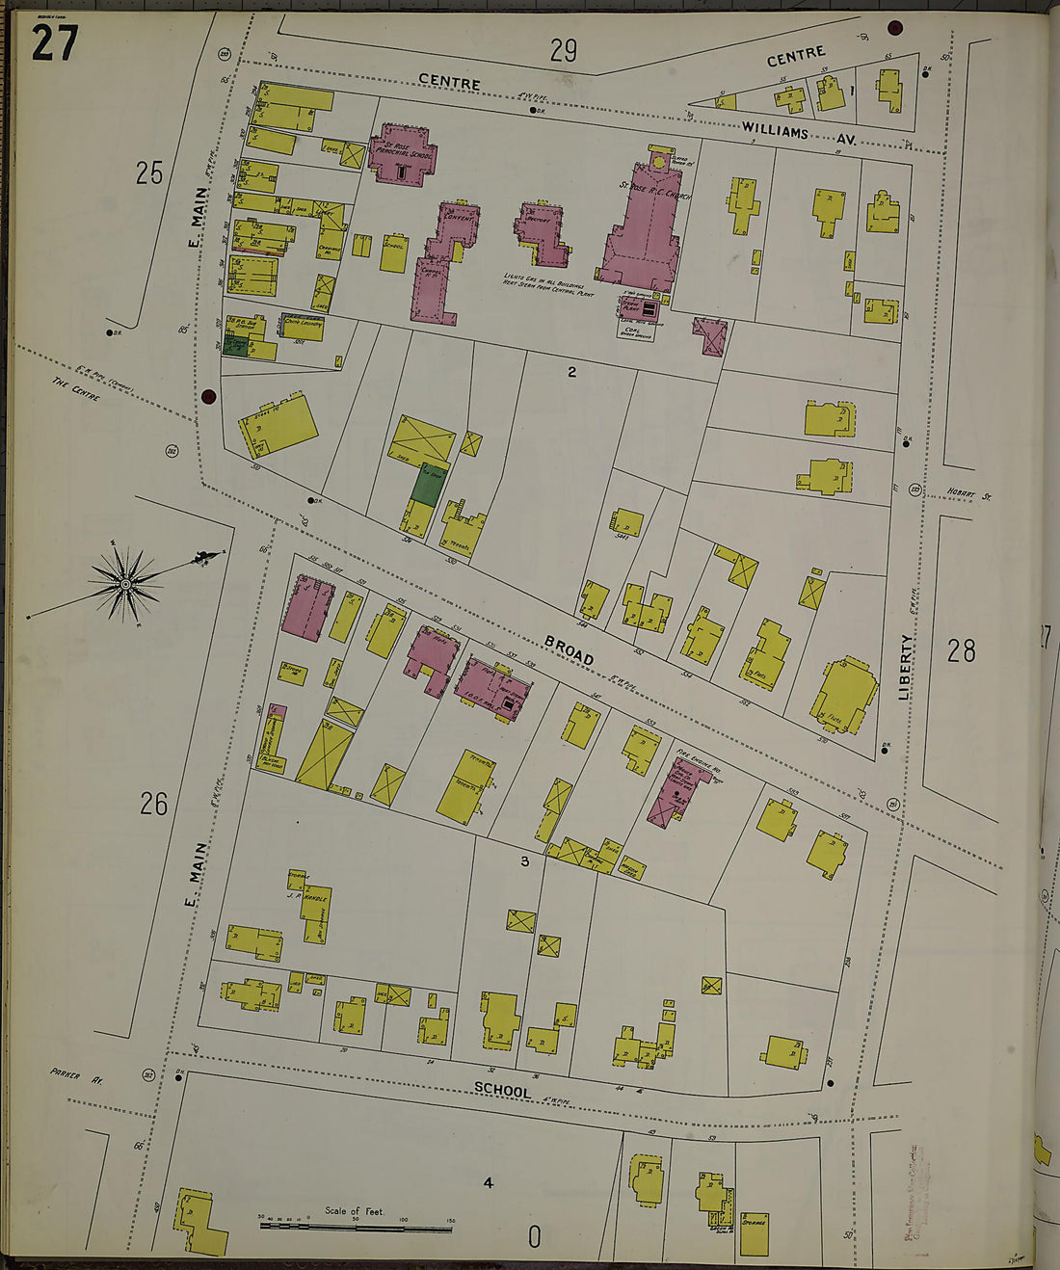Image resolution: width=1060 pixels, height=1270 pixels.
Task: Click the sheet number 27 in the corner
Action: tap(54, 42)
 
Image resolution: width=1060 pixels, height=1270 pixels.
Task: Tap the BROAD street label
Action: tap(568, 649)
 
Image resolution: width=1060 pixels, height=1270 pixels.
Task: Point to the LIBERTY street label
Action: tap(906, 666)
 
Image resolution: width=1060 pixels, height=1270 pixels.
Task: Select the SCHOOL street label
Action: tap(501, 1091)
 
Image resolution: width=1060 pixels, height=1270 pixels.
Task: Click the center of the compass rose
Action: tap(125, 584)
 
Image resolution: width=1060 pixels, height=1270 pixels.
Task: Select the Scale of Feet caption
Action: tap(354, 1211)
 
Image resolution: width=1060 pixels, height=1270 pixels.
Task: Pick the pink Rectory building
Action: tap(543, 233)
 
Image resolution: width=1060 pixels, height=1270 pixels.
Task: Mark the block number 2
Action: tap(571, 371)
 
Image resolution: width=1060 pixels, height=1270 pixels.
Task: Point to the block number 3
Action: tap(525, 861)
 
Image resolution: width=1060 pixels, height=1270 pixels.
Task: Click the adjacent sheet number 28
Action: tap(961, 652)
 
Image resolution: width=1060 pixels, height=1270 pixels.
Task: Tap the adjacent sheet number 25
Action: tap(149, 173)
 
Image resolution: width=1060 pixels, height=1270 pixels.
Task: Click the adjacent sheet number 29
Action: tap(564, 50)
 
